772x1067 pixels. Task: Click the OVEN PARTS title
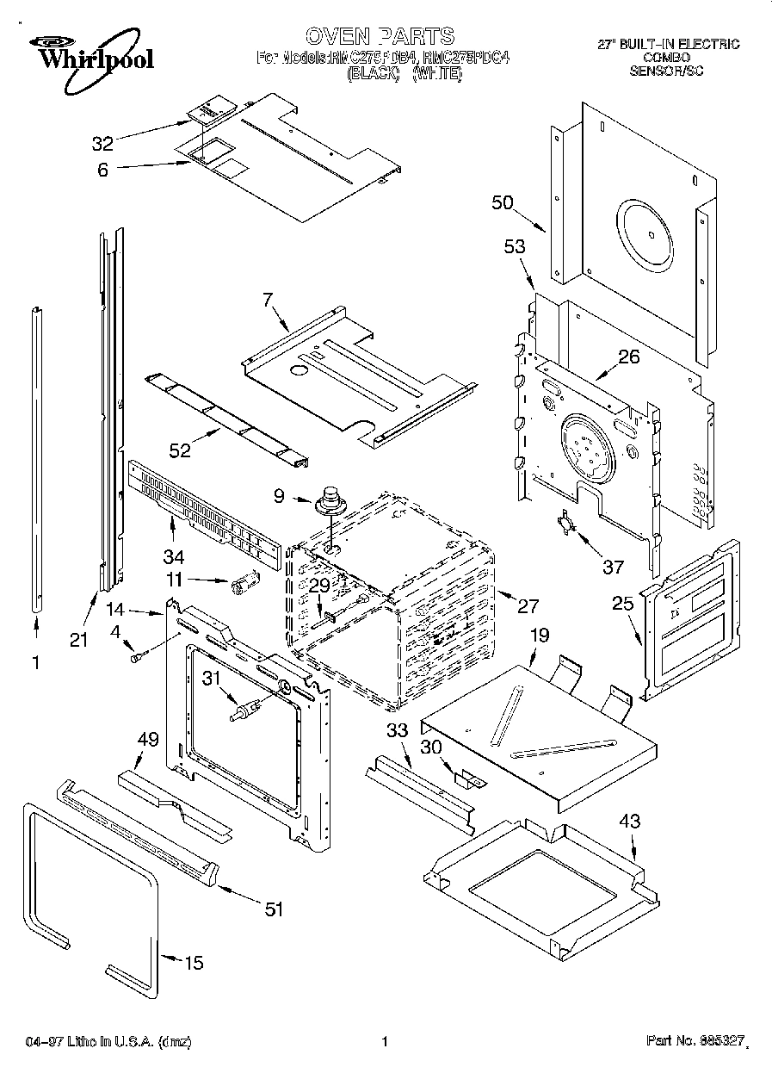click(x=380, y=36)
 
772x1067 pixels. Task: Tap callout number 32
click(x=103, y=143)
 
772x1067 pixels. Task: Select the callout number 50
click(x=503, y=203)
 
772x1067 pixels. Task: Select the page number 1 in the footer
click(x=385, y=1041)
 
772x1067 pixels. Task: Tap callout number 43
click(x=630, y=822)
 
